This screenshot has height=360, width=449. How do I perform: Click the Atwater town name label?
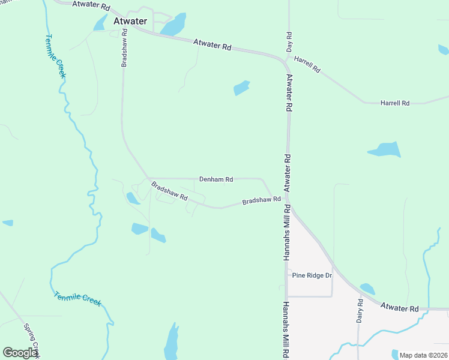tap(130, 22)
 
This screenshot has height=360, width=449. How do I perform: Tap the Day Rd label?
tap(289, 41)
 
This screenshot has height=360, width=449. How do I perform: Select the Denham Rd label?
tap(216, 179)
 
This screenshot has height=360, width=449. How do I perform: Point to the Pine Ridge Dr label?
tap(312, 275)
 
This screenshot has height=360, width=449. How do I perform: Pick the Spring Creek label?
tap(31, 340)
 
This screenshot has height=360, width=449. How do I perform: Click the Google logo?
tap(20, 353)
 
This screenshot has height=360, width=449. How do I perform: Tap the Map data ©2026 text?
tap(423, 355)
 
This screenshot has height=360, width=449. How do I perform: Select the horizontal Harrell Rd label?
tap(394, 103)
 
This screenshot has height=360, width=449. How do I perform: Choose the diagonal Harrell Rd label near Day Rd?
tap(307, 64)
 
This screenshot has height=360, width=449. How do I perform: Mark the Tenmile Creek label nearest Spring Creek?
tap(77, 298)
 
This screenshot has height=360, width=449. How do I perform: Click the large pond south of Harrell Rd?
tap(385, 149)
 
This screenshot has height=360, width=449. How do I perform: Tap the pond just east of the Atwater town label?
tap(173, 25)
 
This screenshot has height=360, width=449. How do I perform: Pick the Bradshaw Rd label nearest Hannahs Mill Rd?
tap(261, 200)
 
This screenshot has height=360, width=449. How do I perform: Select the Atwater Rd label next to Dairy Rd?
tap(399, 308)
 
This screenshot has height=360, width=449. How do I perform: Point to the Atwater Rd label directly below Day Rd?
tap(289, 92)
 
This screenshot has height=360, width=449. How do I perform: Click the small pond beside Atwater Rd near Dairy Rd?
tap(367, 289)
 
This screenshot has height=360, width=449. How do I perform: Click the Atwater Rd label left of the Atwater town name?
tap(91, 6)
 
